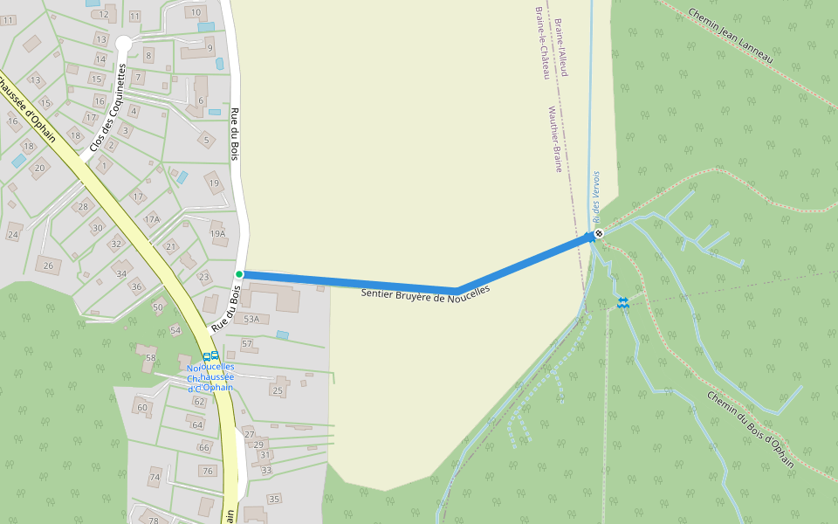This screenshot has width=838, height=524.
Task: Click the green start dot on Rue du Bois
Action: click(239, 274)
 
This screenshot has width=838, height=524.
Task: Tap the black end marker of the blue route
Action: click(599, 233)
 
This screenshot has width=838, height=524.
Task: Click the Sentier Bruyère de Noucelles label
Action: click(426, 295)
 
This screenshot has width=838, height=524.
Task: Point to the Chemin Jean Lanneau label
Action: click(731, 35)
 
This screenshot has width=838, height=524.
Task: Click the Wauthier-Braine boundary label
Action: click(554, 140)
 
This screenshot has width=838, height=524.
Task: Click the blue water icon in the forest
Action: click(623, 302)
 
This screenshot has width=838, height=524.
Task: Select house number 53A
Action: click(252, 320)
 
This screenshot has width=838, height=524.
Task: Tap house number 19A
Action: click(218, 233)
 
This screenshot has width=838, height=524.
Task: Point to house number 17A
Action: click(153, 219)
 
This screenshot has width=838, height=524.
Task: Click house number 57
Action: click(247, 344)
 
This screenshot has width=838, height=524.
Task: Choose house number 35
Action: click(275, 499)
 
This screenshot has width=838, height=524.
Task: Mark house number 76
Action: click(208, 471)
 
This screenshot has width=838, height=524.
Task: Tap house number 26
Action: click(48, 265)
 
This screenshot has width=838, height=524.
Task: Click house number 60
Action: click(142, 408)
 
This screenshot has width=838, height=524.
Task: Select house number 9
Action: click(209, 47)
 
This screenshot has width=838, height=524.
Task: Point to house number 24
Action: click(13, 235)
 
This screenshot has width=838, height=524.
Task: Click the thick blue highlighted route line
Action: click(349, 281)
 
